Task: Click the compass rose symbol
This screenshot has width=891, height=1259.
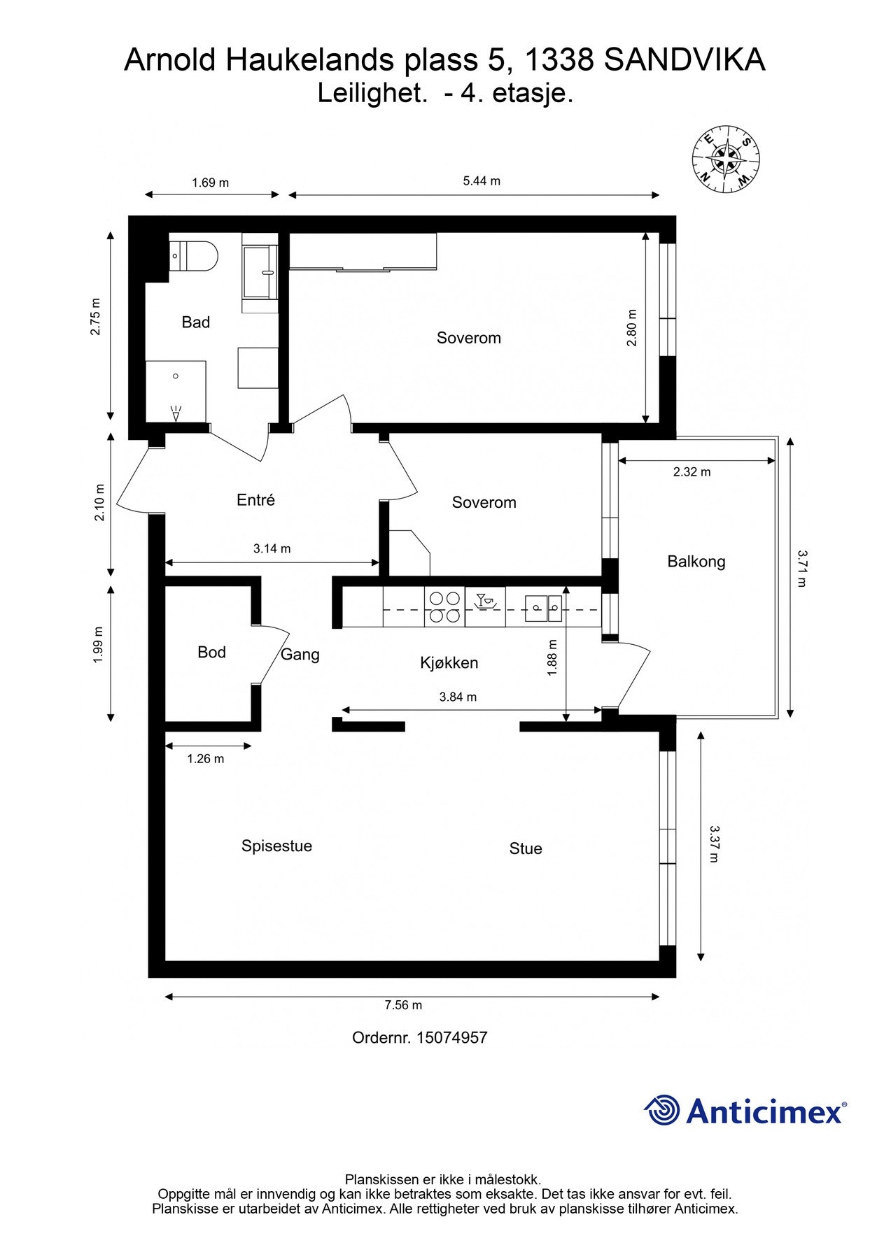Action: click(726, 159)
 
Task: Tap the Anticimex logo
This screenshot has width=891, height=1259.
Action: click(745, 1110)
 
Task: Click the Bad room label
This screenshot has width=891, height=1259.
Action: click(195, 322)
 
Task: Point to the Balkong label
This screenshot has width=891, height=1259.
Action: click(696, 562)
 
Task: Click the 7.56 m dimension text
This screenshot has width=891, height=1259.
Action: click(403, 1005)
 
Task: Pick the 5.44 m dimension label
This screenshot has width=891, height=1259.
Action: click(482, 180)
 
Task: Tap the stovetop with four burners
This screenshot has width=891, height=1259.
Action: click(444, 606)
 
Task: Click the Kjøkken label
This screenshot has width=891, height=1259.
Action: click(449, 662)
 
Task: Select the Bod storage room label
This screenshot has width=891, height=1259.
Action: click(211, 652)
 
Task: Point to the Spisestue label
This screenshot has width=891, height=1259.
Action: click(276, 846)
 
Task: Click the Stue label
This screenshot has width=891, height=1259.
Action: click(526, 848)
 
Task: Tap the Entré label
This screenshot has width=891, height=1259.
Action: click(255, 500)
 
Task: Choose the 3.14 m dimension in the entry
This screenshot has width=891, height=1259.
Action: click(272, 549)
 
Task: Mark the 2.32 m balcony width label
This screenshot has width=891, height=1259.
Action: click(692, 472)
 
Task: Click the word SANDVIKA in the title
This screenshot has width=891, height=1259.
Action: click(684, 60)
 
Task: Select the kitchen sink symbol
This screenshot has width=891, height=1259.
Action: click(543, 607)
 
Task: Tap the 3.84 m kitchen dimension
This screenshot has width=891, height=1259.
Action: click(458, 697)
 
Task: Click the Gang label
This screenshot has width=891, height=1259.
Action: click(300, 655)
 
